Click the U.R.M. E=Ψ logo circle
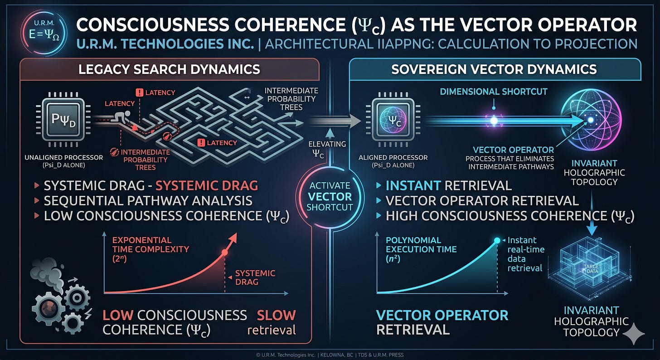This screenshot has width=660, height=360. (x=44, y=32)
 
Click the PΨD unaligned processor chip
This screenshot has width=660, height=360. (x=63, y=120)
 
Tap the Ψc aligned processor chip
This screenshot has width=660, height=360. (x=393, y=120)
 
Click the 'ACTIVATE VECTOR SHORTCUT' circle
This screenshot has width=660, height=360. (x=330, y=196)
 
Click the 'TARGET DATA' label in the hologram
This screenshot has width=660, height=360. (x=592, y=269)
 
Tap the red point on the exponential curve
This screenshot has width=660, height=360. (x=224, y=253)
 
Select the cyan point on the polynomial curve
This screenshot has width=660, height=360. (x=497, y=240)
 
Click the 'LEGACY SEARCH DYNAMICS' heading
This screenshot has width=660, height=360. (x=169, y=69)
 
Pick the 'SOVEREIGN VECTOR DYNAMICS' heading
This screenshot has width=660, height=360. (x=494, y=69)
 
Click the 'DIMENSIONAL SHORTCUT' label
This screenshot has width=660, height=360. (x=494, y=92)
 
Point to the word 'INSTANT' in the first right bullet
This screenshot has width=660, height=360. (x=413, y=185)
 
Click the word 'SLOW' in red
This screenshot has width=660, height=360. (x=276, y=315)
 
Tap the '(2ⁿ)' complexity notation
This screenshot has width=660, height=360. (x=119, y=259)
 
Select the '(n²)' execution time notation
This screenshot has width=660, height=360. (x=393, y=259)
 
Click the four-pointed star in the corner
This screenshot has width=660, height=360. (x=634, y=333)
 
